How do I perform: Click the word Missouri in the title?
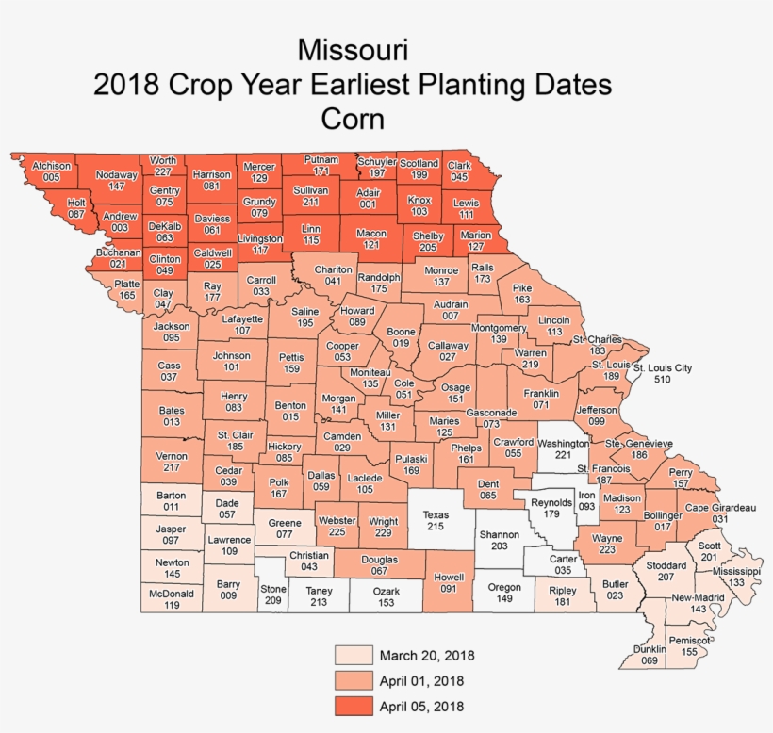[353, 48]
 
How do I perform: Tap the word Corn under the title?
[353, 120]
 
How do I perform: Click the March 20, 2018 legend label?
[427, 655]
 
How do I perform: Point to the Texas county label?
[435, 515]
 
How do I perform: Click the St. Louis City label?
[663, 367]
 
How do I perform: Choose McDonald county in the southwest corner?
[172, 595]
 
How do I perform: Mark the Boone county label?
[402, 333]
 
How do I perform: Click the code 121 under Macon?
[371, 245]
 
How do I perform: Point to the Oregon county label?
[504, 587]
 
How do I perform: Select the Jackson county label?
[172, 327]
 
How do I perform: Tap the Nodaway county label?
[117, 174]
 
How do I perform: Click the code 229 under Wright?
[384, 533]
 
